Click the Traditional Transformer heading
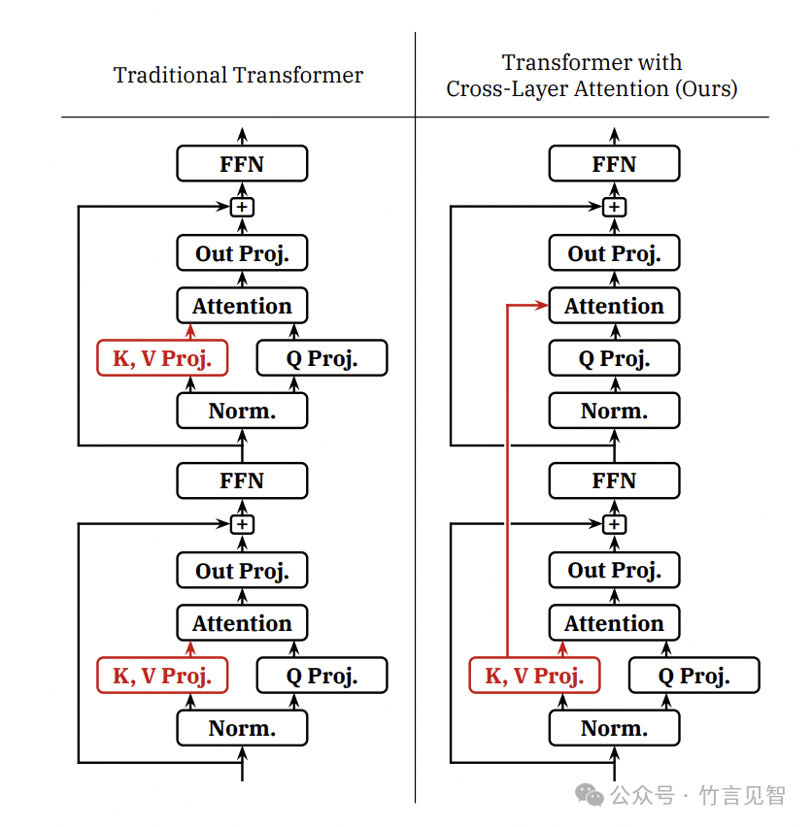tap(238, 75)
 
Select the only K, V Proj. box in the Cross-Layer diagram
tap(534, 676)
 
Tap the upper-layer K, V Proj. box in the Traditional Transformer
tap(162, 358)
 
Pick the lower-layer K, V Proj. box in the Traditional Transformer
tap(162, 676)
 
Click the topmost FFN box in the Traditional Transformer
tap(242, 164)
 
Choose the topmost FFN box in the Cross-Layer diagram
tap(614, 164)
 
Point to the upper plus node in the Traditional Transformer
tap(242, 207)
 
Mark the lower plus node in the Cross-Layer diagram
tap(614, 524)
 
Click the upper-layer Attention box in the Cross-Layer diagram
tap(614, 306)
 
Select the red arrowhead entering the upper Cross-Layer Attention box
tap(542, 306)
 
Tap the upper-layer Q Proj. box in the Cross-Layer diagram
tap(614, 358)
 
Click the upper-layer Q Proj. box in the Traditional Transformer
tap(321, 358)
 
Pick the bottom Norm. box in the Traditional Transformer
tap(242, 728)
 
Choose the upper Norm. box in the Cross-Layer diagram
tap(614, 411)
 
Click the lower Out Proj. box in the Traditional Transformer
tap(242, 571)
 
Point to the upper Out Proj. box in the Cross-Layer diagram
tap(614, 253)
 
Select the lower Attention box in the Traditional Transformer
tap(242, 623)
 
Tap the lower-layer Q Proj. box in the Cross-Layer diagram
tap(694, 676)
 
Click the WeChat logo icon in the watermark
tap(589, 795)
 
